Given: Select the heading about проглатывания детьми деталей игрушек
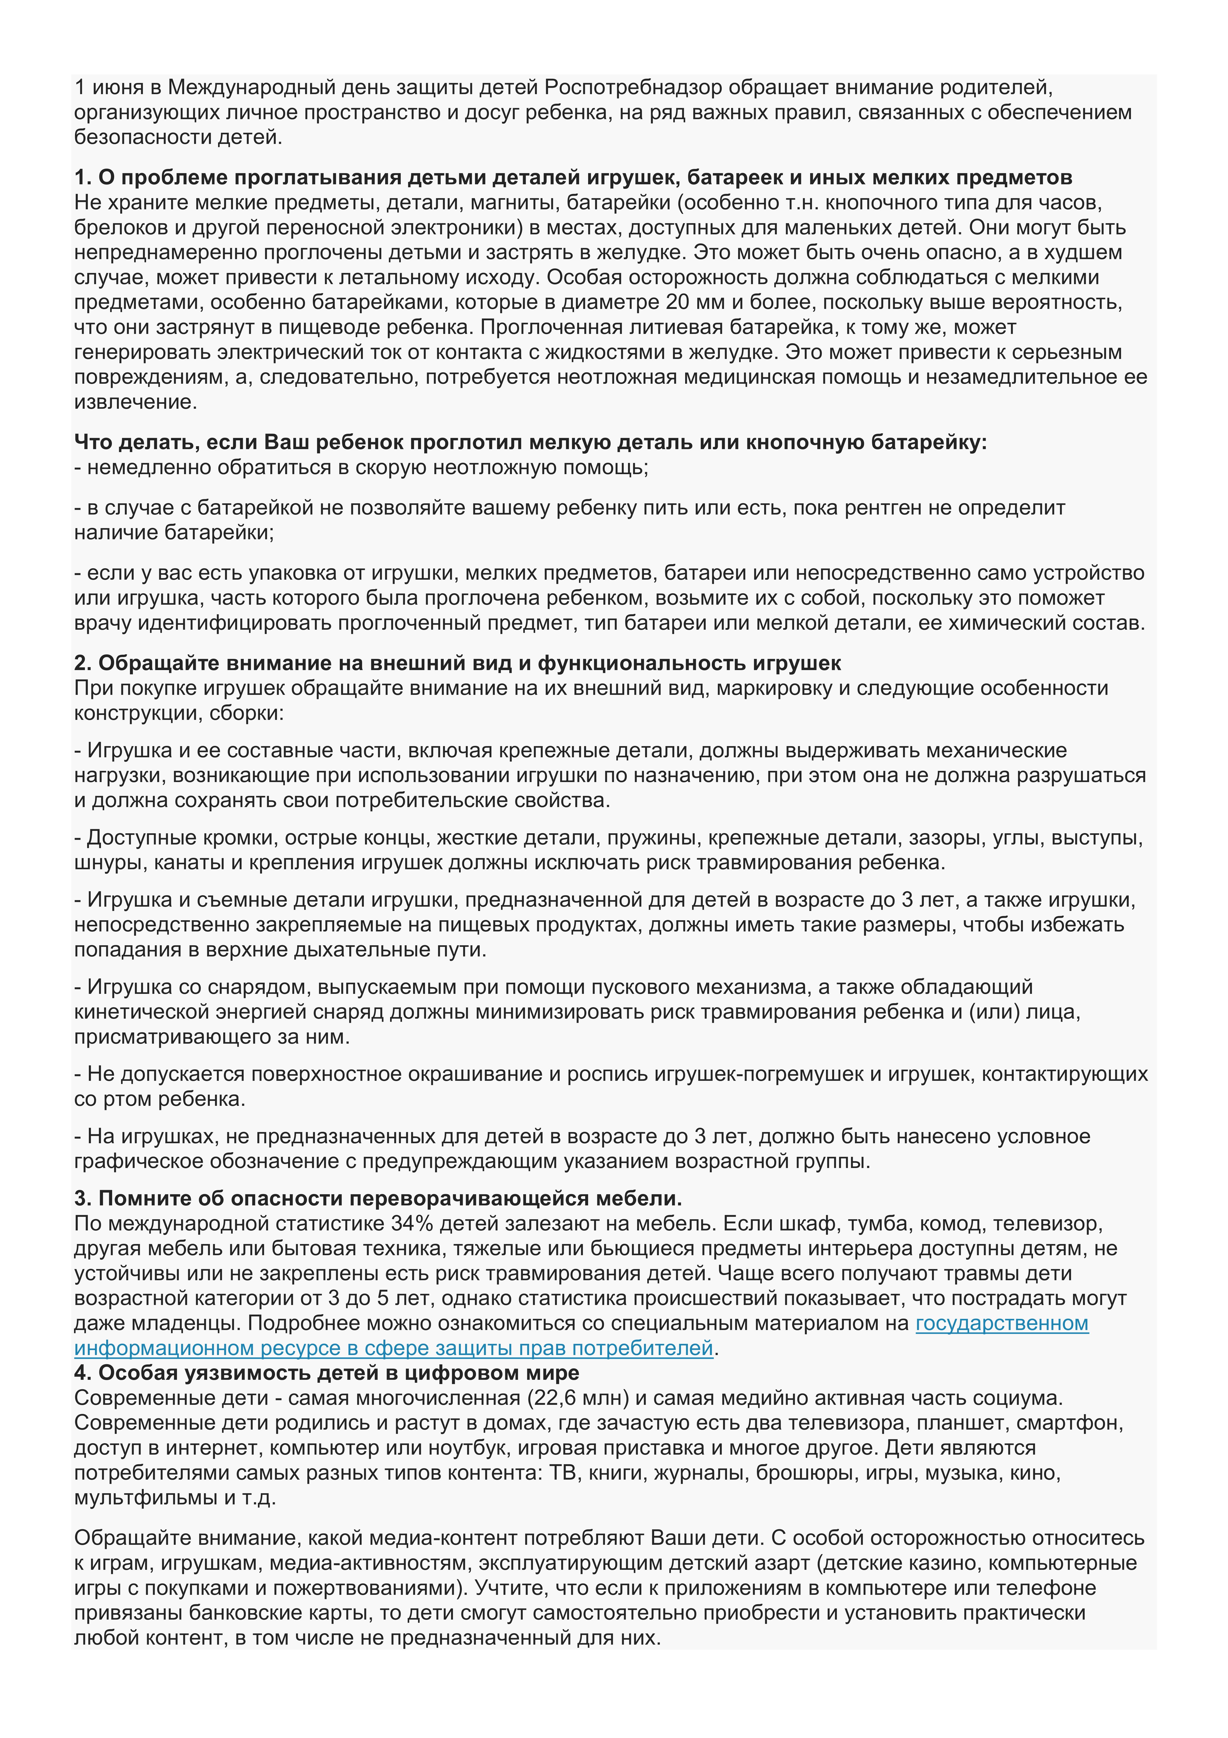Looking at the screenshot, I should coord(573,177).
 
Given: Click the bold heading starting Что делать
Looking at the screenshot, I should coord(530,442).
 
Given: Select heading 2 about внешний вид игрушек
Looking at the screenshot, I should coord(457,663).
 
